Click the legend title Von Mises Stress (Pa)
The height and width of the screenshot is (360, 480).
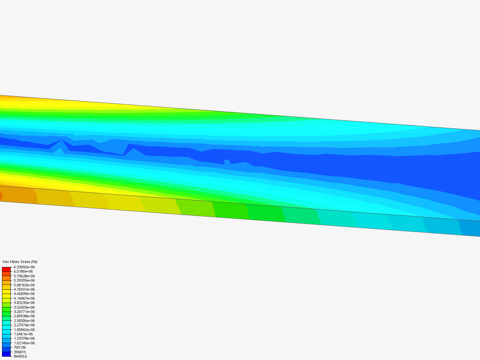pos(20,262)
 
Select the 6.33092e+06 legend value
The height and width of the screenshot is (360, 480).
pos(24,267)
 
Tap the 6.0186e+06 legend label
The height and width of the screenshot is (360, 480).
pos(23,271)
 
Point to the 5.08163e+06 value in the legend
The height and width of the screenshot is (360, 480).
pos(24,285)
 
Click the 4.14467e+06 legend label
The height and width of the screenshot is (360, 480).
pos(24,298)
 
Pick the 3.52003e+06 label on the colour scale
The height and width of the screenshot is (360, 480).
pos(24,307)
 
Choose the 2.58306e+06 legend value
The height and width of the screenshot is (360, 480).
pos(24,321)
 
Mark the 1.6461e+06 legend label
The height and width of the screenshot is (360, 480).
pos(23,334)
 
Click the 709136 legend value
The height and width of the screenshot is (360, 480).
pos(20,347)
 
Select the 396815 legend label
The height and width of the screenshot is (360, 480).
pos(20,352)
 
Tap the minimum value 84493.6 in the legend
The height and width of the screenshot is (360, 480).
pos(20,356)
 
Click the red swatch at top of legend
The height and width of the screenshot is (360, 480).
pos(6,269)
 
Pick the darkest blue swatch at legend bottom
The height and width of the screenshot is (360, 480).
pos(6,354)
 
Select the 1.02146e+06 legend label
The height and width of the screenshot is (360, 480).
pos(24,343)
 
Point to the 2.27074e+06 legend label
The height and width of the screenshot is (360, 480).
pos(24,325)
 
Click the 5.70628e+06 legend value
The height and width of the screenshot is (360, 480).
pos(24,276)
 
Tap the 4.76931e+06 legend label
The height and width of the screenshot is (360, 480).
pos(24,289)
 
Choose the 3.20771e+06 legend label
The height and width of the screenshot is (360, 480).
pos(24,312)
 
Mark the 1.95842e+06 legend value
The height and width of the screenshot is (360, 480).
pos(24,330)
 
